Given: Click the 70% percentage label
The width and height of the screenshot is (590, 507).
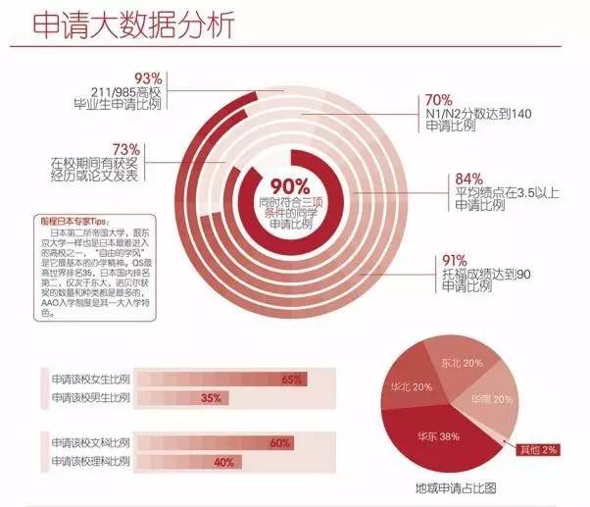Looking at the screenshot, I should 438,101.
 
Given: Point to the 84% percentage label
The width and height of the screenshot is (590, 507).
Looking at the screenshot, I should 469,178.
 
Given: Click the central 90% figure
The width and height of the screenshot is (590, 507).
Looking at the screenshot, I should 290,185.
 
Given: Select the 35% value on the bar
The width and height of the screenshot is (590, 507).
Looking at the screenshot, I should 211,398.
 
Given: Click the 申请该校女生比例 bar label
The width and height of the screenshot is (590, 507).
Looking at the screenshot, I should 91,379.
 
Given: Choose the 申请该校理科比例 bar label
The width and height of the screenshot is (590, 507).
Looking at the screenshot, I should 91,461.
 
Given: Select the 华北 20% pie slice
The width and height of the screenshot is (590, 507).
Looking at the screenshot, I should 412,387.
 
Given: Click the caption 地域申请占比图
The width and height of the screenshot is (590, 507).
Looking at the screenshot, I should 453,486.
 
